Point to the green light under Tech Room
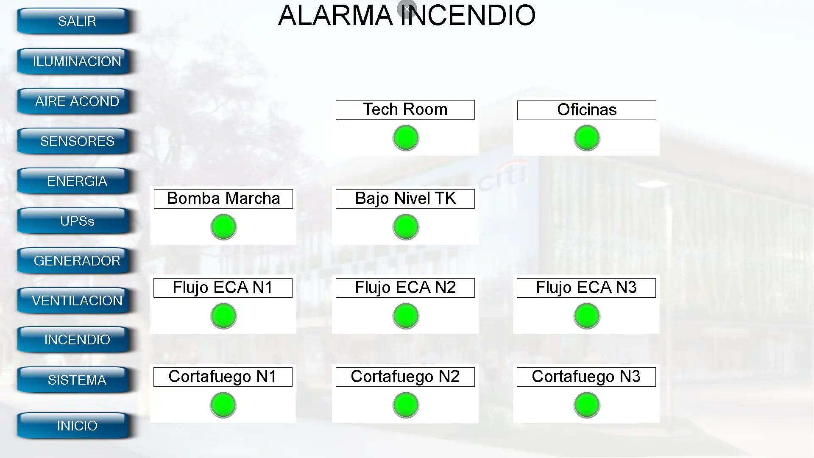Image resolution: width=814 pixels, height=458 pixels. click(406, 138)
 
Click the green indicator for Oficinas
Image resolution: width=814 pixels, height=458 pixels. click(587, 138)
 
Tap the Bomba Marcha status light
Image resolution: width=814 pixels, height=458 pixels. click(223, 227)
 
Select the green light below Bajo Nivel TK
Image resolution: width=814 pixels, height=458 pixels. click(406, 227)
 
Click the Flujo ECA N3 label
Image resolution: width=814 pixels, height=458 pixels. click(586, 288)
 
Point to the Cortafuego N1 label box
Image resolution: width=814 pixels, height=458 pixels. click(223, 377)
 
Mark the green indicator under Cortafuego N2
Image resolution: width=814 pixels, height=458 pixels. click(406, 405)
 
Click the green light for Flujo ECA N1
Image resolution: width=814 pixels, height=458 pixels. click(223, 316)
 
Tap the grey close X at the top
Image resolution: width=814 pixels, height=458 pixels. click(407, 8)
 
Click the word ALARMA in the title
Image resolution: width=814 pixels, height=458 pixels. click(335, 15)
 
